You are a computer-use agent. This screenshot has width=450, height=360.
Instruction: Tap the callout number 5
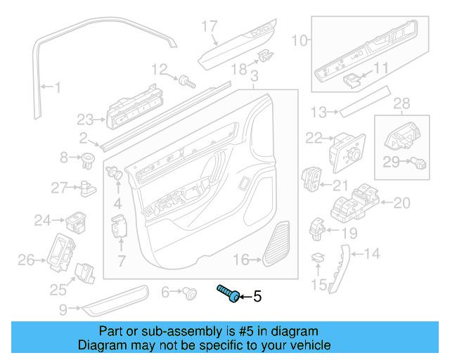[257, 297]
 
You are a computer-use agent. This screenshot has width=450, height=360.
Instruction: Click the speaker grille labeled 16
[278, 245]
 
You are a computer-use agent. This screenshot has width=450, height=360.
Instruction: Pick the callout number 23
[85, 119]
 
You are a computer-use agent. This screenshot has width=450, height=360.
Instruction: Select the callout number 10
[300, 41]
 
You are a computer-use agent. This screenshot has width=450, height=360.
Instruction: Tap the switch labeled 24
[76, 222]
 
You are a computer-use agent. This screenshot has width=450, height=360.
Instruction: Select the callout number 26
[26, 262]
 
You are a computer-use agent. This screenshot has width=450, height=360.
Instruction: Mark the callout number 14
[372, 253]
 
